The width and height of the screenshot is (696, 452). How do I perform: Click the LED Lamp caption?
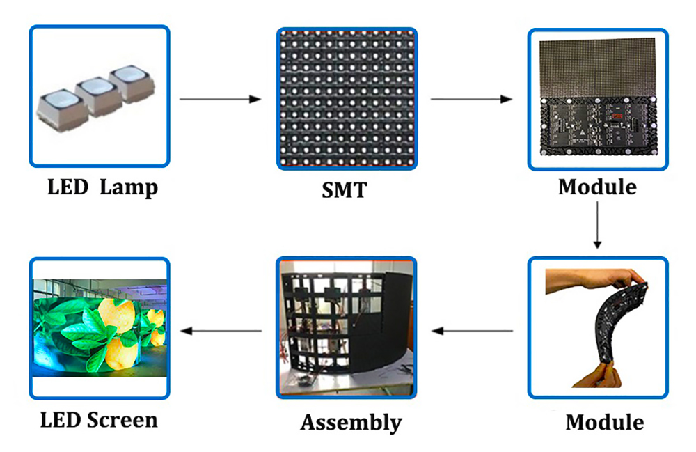pyautogui.click(x=102, y=187)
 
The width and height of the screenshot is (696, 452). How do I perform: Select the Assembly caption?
pyautogui.click(x=351, y=422)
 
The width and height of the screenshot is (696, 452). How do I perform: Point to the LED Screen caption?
pyautogui.click(x=99, y=419)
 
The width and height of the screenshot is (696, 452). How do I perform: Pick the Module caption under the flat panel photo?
pyautogui.click(x=597, y=187)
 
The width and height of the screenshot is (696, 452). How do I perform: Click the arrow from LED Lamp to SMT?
pyautogui.click(x=220, y=99)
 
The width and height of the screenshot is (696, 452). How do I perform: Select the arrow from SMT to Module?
pyautogui.click(x=471, y=99)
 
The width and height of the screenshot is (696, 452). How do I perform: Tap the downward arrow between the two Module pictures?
pyautogui.click(x=597, y=225)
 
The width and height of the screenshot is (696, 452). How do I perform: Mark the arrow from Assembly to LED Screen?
pyautogui.click(x=221, y=330)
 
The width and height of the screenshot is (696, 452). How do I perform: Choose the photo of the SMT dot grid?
pyautogui.click(x=347, y=98)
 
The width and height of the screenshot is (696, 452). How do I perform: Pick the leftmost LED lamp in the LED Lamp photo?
pyautogui.click(x=58, y=104)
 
